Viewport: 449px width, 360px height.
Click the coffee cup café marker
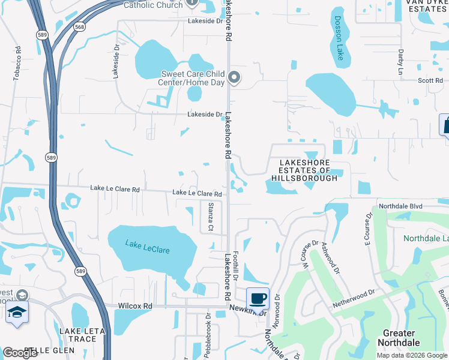point(258,298)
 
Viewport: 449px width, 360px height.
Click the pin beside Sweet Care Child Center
point(235,78)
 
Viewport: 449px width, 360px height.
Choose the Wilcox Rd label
point(135,306)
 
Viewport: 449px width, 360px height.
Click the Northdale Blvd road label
point(401,206)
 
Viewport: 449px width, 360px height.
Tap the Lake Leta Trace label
point(83,335)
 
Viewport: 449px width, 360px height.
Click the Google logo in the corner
point(20,353)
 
